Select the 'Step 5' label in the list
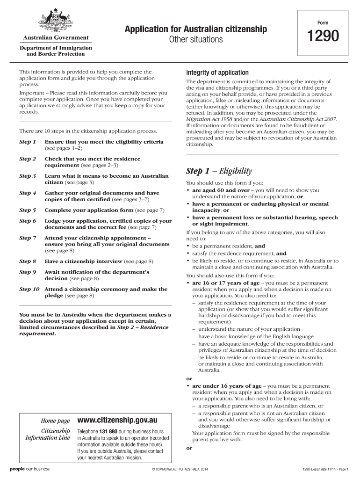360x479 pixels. pos(28,210)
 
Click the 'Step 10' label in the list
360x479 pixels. pos(29,289)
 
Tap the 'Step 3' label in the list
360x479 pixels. pos(28,176)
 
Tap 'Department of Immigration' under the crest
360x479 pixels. pos(55,48)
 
